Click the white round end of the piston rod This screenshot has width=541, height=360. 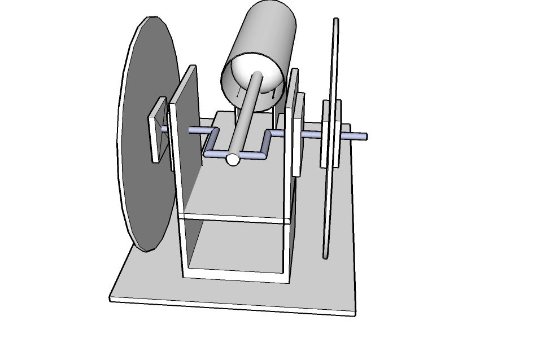(x=233, y=160)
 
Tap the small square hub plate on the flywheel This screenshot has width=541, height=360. (x=158, y=129)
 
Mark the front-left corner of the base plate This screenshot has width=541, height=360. (x=111, y=298)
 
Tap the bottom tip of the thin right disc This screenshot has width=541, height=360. (x=325, y=257)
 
